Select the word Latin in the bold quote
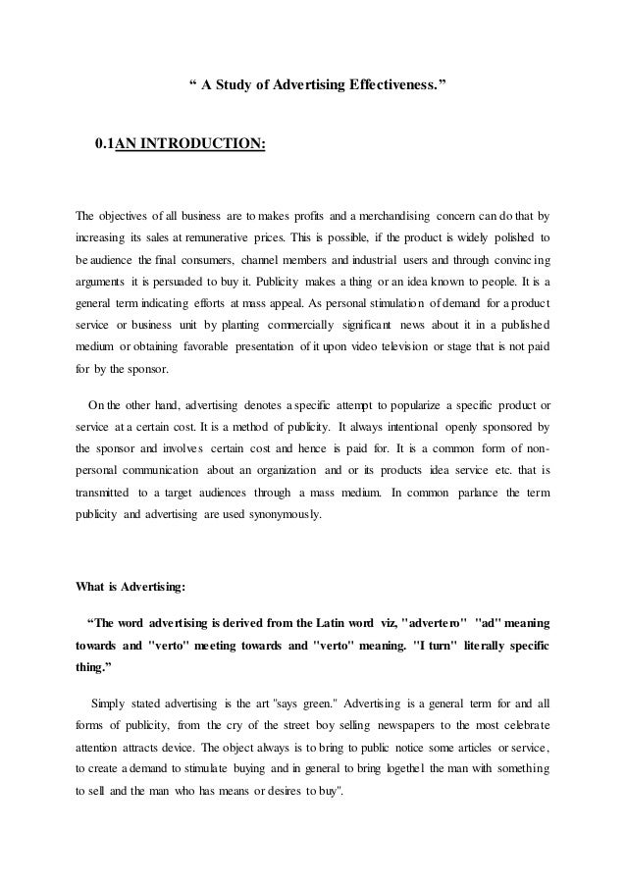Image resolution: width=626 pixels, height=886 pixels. click(x=348, y=623)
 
